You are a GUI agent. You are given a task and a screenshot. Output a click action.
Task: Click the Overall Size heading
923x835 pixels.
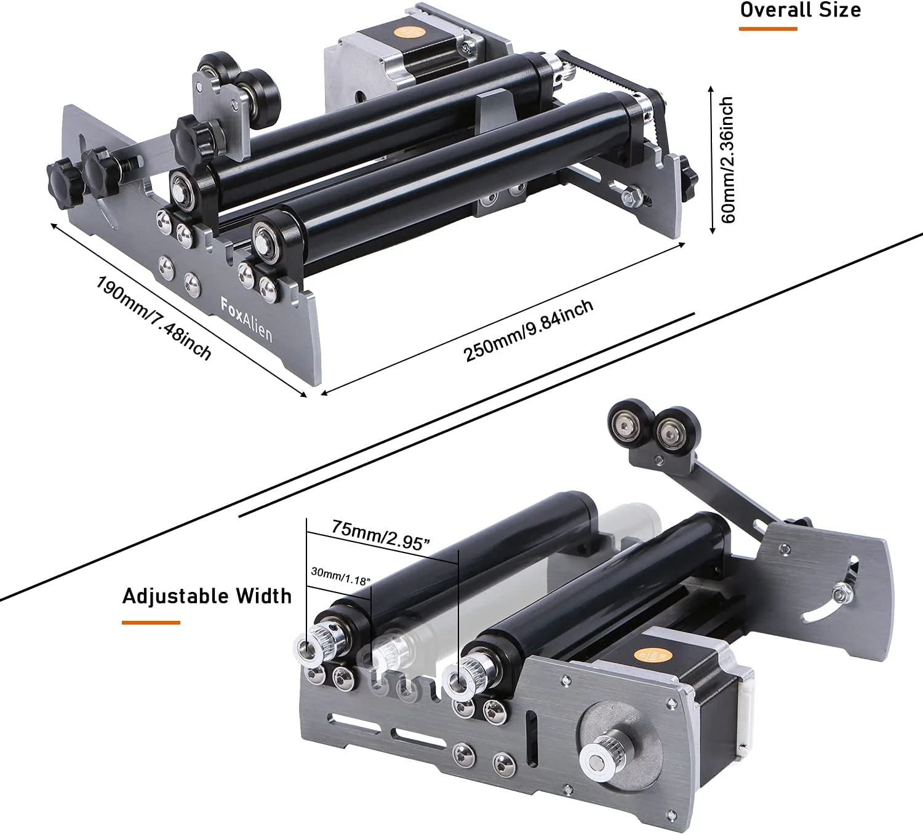[801, 10]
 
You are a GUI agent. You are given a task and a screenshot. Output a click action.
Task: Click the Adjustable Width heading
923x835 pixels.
[207, 596]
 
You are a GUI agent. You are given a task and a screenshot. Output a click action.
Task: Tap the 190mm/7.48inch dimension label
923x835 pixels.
[154, 318]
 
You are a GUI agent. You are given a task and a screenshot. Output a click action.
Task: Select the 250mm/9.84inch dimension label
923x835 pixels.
[528, 330]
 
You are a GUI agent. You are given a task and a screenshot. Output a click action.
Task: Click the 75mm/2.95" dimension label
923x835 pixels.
[380, 535]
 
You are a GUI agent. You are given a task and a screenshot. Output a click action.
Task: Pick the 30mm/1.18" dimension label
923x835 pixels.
[340, 576]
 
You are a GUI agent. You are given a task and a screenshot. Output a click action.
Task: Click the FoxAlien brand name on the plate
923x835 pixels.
[246, 319]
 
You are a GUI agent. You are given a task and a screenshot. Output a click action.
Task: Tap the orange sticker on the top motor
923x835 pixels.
[406, 32]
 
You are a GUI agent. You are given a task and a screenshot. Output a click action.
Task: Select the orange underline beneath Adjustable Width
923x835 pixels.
[151, 622]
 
